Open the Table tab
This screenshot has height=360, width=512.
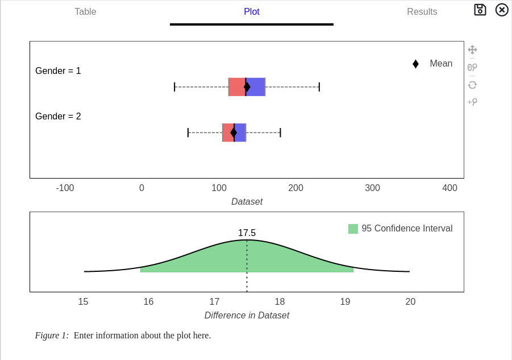pyautogui.click(x=85, y=11)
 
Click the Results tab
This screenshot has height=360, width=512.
pyautogui.click(x=422, y=11)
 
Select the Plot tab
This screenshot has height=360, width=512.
pyautogui.click(x=251, y=11)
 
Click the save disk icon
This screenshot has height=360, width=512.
pyautogui.click(x=480, y=10)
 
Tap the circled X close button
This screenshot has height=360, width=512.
pyautogui.click(x=502, y=10)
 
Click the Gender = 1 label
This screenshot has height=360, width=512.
pyautogui.click(x=58, y=71)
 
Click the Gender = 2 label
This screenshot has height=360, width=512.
pyautogui.click(x=58, y=117)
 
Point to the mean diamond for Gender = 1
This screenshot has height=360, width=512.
pyautogui.click(x=247, y=87)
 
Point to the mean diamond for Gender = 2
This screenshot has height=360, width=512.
pyautogui.click(x=234, y=133)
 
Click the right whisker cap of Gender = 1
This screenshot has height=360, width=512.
pyautogui.click(x=319, y=87)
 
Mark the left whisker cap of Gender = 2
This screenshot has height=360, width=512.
pyautogui.click(x=188, y=133)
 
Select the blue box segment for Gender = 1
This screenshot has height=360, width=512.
pyautogui.click(x=256, y=87)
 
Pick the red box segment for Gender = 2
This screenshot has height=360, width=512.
pyautogui.click(x=227, y=133)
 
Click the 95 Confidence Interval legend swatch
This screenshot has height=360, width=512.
pyautogui.click(x=353, y=229)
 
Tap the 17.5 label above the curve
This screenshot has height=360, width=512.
pyautogui.click(x=247, y=233)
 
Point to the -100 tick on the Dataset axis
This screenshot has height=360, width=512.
pyautogui.click(x=65, y=188)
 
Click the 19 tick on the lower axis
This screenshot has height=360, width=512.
pyautogui.click(x=345, y=302)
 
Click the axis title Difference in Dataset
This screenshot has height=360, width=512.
pyautogui.click(x=247, y=316)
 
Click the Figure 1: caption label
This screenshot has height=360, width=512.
pyautogui.click(x=52, y=336)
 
